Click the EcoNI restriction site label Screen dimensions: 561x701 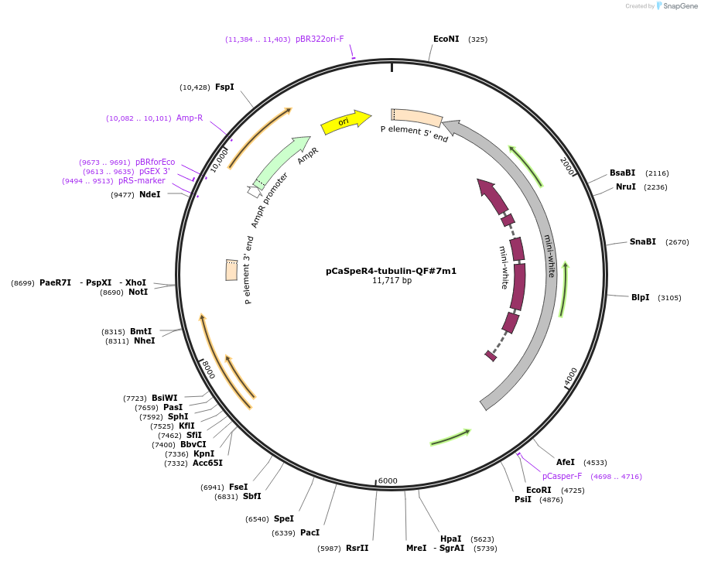446,39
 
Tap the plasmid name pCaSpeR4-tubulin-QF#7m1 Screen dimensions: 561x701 391,271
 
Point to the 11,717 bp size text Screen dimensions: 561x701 392,281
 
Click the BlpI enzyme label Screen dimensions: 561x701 640,297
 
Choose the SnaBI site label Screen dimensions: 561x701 642,241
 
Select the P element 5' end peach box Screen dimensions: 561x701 416,118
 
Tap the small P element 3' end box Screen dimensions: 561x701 231,269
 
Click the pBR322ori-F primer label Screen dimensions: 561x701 320,39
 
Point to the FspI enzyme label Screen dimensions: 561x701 224,87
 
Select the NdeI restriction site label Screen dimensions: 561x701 150,194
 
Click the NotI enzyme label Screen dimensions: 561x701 138,292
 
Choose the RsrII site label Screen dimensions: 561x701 357,548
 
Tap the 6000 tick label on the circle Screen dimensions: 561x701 388,481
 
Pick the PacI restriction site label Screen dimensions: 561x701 309,532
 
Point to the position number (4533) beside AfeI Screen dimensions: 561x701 595,462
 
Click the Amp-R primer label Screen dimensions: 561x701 190,118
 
